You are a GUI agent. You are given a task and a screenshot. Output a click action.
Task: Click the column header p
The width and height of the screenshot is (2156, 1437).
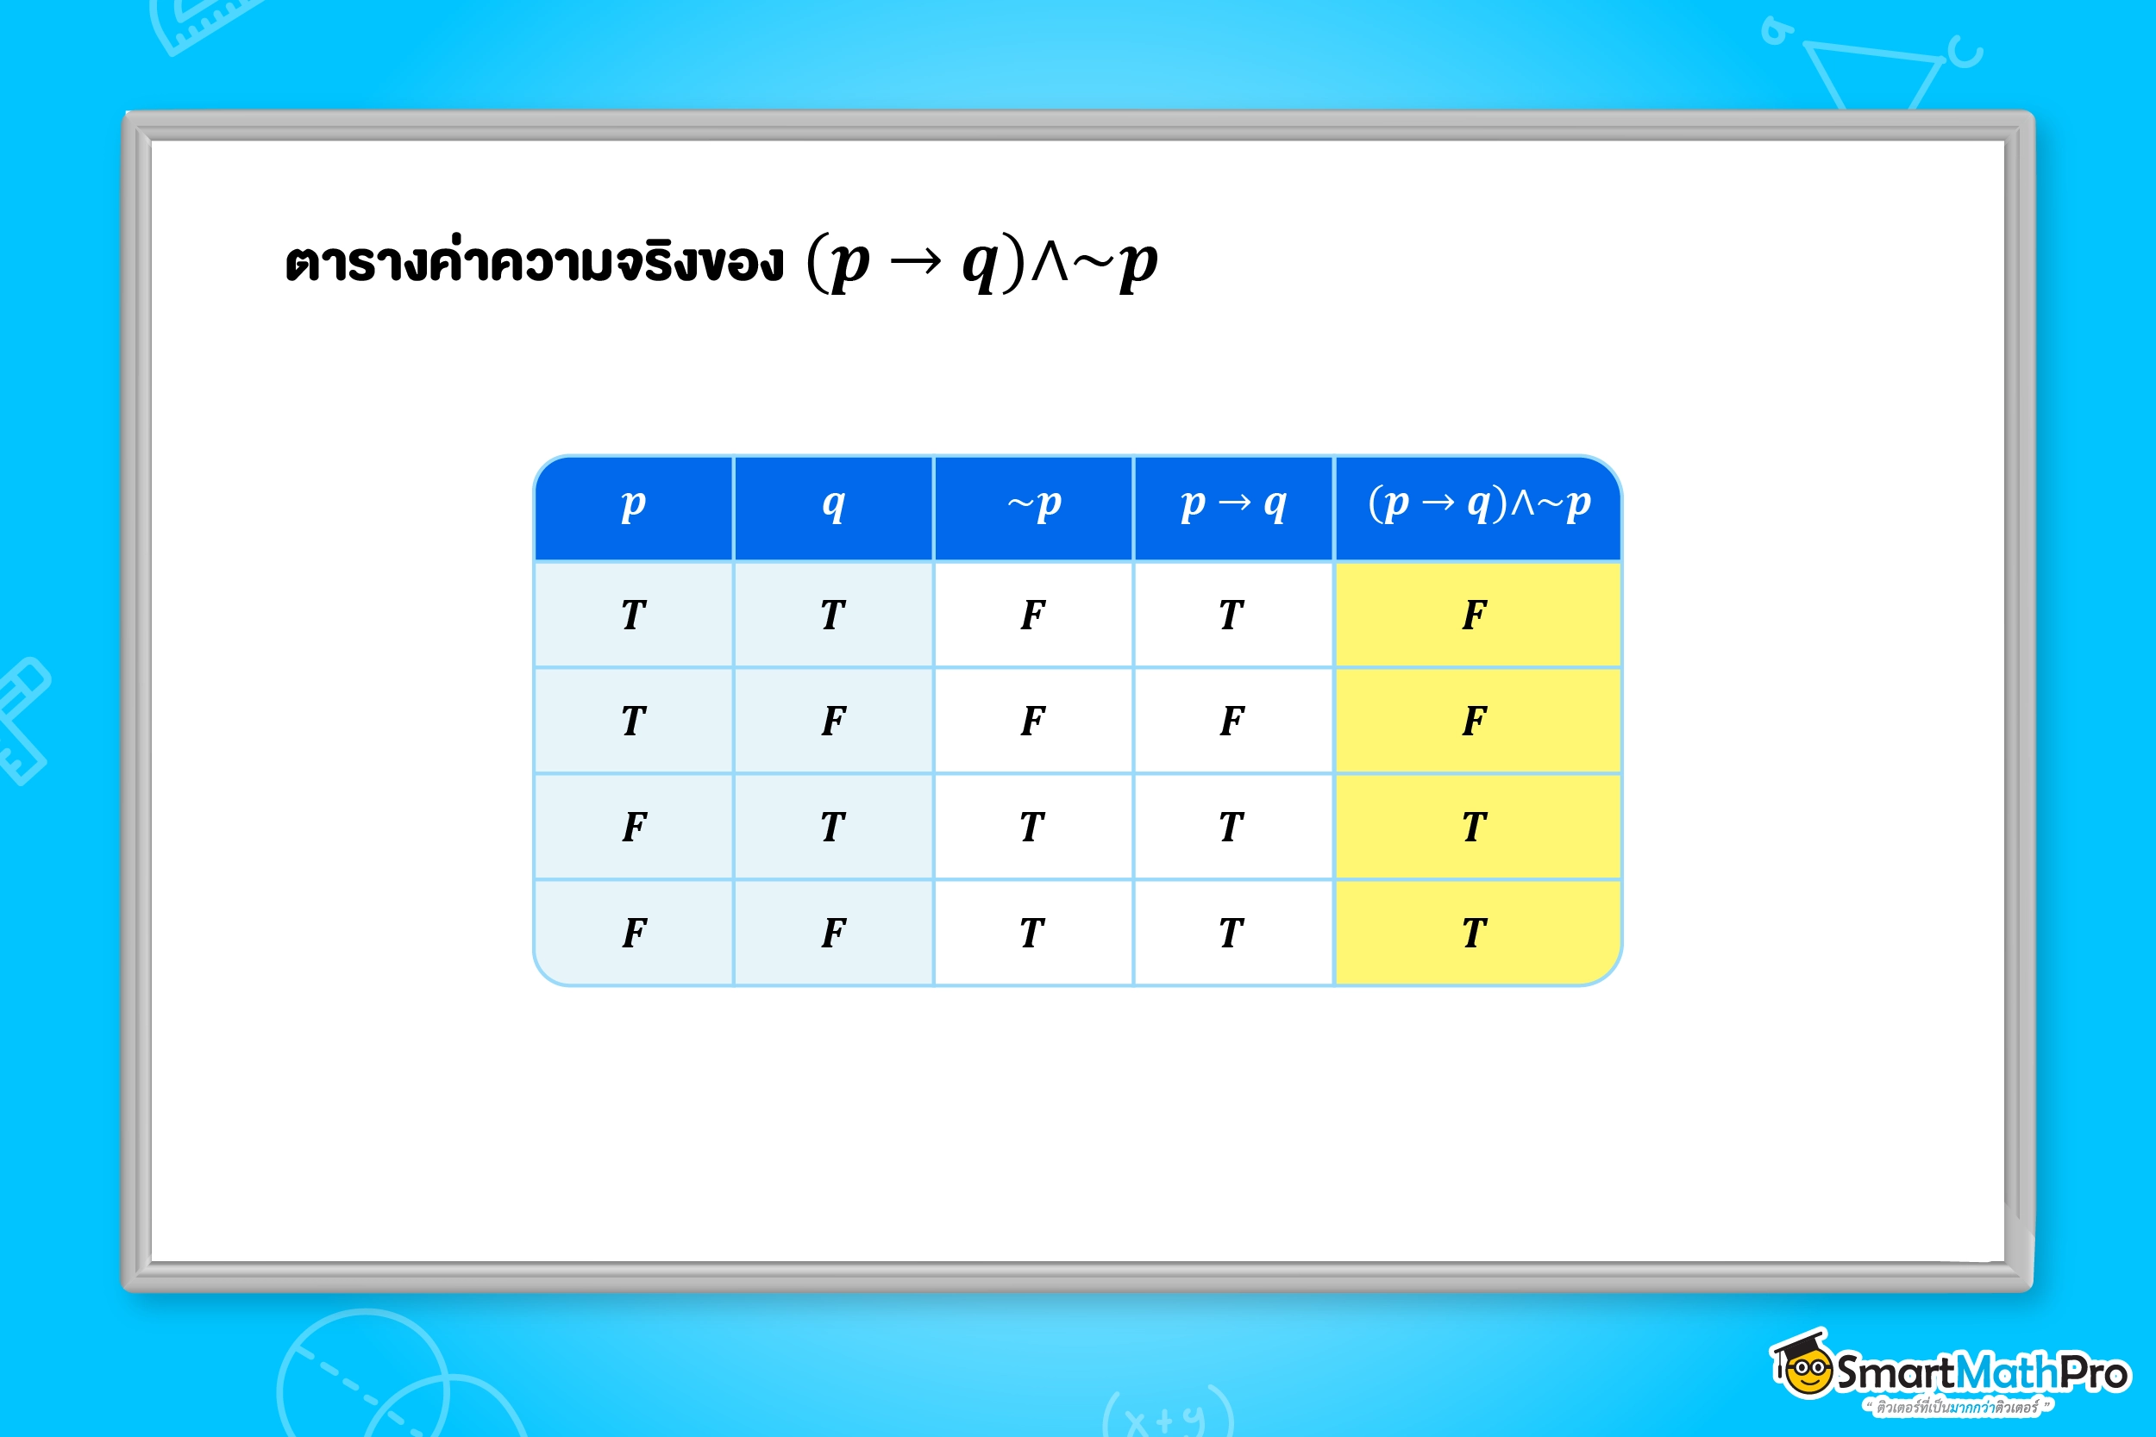coord(633,506)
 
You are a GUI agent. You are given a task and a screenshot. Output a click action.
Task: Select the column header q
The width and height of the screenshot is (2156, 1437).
coord(833,506)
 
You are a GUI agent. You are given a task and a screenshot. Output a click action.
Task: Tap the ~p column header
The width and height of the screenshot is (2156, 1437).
coord(1034,506)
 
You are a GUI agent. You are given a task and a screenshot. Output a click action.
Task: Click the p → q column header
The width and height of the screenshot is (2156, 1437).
coord(1234,506)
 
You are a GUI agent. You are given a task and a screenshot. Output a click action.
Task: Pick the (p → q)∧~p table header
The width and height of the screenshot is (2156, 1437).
coord(1477,506)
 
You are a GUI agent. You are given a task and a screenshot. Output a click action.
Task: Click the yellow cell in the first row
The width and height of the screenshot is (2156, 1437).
coord(1476,614)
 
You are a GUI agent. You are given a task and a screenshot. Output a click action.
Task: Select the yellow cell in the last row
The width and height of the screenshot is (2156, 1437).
coord(1476,933)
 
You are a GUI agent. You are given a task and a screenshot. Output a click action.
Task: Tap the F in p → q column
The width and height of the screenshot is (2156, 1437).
coord(1233,721)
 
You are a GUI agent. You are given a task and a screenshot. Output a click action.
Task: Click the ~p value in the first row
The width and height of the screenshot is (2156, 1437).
coord(1033,614)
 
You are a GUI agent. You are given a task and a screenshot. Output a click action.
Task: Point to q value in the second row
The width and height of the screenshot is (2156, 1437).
coord(833,721)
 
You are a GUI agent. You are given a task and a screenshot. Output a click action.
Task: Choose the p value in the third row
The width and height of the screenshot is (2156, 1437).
coord(633,827)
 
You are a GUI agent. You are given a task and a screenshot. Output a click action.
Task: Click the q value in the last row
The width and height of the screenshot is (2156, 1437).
coord(833,933)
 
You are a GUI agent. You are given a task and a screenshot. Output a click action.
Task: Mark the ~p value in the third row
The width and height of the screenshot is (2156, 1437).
coord(1033,827)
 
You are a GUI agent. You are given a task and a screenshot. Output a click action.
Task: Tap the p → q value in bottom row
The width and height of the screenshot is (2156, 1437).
coord(1233,933)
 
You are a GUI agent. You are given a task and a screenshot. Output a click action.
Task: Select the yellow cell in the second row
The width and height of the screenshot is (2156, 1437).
coord(1476,721)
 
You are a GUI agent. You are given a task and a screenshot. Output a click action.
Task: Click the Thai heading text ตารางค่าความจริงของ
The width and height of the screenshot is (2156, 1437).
coord(534,264)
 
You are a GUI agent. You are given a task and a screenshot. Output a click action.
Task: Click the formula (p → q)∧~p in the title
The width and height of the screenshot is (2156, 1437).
coord(981,264)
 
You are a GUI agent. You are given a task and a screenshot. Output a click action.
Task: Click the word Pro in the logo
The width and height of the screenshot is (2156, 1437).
coord(2094,1373)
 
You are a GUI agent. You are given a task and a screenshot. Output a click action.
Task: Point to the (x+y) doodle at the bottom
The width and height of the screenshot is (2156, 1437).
coord(1168,1416)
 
